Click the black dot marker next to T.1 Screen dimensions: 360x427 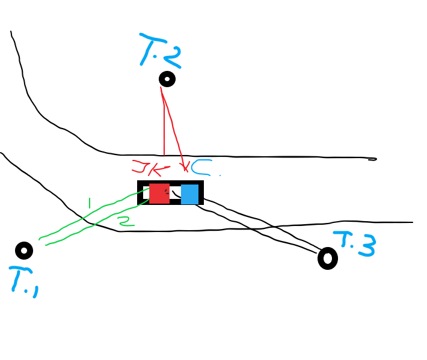pos(23,250)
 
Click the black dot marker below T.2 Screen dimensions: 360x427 pos(167,79)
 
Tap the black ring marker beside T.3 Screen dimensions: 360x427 pos(327,258)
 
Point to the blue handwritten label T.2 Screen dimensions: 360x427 pos(159,50)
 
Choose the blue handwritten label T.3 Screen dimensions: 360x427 pos(355,243)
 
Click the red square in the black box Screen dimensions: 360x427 pos(159,194)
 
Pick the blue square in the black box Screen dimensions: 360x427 pos(189,194)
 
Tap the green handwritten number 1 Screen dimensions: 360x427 pos(90,203)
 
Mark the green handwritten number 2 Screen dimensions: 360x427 pos(125,222)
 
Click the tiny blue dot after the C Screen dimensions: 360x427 pos(220,175)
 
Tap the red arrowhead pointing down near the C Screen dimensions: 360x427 pos(185,168)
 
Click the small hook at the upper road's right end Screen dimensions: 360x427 pos(372,159)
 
